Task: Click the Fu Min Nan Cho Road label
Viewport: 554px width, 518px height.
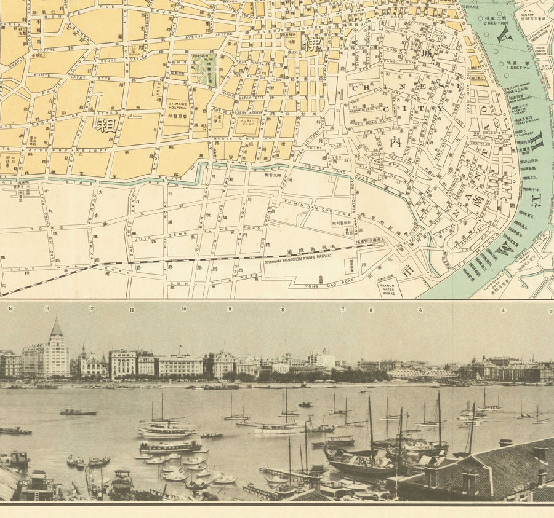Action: coord(306,202)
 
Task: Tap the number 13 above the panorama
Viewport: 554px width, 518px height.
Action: coord(47,308)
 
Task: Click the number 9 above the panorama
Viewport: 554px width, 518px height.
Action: coord(230,308)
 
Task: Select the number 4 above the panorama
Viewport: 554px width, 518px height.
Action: coord(502,310)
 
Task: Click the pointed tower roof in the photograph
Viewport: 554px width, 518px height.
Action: coord(56,328)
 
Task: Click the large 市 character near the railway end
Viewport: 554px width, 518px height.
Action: coord(407,269)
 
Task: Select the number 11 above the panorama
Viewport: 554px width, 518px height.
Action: coord(131,309)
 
